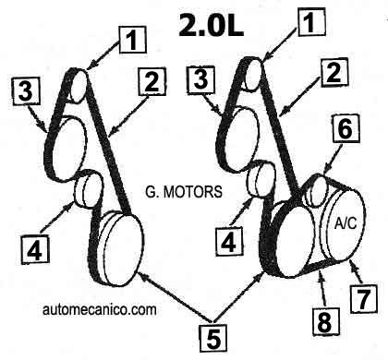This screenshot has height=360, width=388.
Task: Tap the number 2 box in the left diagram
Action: pos(150,86)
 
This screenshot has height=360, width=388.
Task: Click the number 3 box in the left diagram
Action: pos(28,90)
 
